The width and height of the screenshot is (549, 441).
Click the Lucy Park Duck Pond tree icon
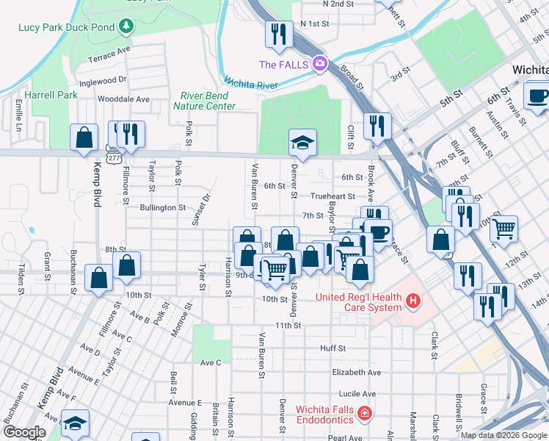(127, 27)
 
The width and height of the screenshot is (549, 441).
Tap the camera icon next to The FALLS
(319, 64)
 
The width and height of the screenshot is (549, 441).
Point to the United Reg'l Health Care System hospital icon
(413, 301)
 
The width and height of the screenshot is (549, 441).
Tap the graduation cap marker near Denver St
(302, 143)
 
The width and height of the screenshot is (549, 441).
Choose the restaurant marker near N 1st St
(278, 34)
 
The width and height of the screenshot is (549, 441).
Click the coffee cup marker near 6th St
(537, 96)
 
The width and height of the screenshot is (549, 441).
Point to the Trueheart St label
(332, 196)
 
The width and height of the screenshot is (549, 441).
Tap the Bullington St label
(162, 207)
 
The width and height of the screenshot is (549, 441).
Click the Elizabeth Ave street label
(356, 373)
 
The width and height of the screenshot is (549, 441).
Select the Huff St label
(332, 348)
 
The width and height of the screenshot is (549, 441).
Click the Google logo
(24, 432)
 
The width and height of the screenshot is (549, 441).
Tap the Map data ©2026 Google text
(503, 435)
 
